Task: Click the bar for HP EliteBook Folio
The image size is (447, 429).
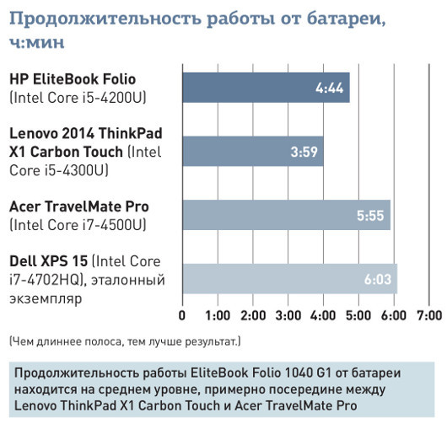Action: [266, 88]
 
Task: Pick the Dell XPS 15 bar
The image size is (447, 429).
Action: [289, 279]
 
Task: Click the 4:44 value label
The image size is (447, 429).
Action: [328, 88]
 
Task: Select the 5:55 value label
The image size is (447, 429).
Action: [370, 216]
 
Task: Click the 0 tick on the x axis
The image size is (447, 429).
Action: [183, 316]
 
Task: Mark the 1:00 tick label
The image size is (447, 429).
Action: [218, 316]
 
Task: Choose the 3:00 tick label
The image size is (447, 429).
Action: [288, 316]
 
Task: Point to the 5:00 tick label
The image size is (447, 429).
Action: [358, 316]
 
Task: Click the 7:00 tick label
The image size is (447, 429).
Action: [428, 316]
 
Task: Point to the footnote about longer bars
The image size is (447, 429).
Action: [125, 341]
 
